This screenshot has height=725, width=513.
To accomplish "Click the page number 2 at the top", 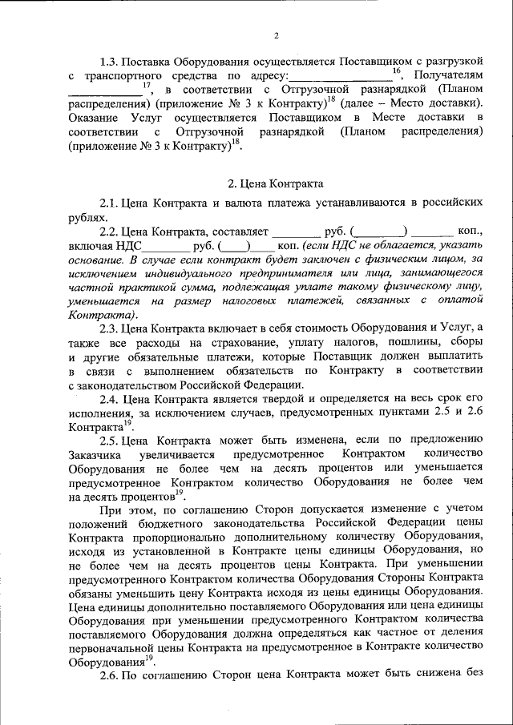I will point(275,34).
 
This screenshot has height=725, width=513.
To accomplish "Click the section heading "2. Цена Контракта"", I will point(277,183).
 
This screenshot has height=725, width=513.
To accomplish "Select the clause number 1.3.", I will point(110,61).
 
